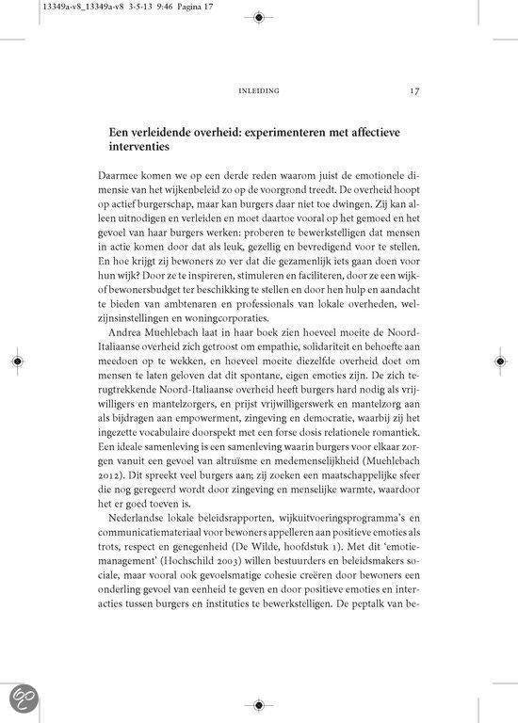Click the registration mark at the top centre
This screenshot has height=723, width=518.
coord(258,17)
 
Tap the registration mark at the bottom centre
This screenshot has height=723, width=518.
coord(258,703)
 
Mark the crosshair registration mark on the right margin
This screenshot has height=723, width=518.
coord(499,361)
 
